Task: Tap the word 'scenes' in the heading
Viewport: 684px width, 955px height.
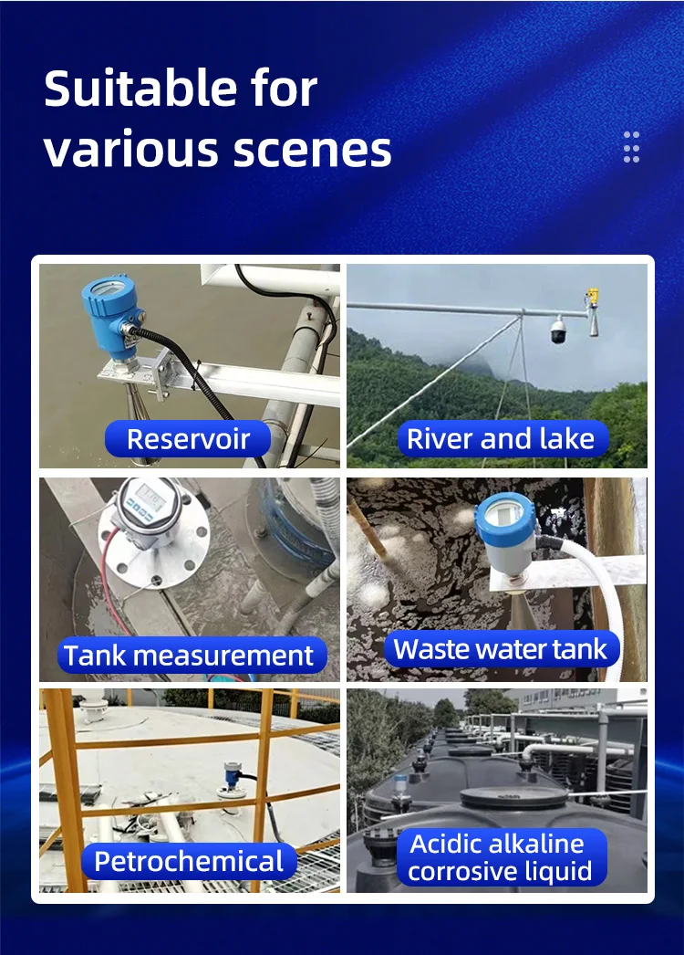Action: [316, 150]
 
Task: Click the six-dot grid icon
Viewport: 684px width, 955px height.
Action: [631, 147]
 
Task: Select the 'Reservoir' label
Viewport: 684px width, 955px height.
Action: [188, 439]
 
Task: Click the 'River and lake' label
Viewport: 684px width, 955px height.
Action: [501, 439]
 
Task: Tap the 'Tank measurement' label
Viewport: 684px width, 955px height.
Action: [189, 655]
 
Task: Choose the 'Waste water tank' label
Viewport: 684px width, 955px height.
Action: [500, 650]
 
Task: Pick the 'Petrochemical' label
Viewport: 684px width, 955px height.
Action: [189, 861]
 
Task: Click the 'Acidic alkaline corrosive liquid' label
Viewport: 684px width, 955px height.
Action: [496, 856]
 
